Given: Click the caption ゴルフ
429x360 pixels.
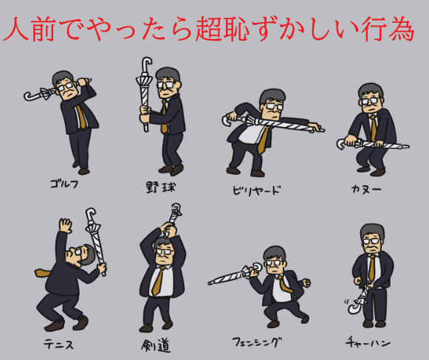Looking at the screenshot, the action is tap(64, 184).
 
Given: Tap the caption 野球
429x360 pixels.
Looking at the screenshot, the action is tap(160, 187).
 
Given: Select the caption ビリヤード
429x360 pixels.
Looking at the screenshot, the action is tap(256, 190).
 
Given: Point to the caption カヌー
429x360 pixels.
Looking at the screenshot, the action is tap(366, 189).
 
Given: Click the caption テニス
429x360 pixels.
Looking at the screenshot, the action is tap(59, 344).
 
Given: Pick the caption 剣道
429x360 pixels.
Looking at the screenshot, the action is tap(156, 345).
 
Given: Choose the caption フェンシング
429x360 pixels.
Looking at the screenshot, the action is tap(257, 342).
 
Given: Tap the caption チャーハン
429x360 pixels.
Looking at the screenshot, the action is tap(368, 342).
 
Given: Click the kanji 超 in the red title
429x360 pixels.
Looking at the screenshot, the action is tap(208, 29).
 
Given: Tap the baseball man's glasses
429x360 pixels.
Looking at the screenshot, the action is tap(165, 84).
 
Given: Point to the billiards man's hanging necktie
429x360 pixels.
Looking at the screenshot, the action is tap(263, 141).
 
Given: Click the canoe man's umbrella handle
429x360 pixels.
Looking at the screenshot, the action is tap(341, 144).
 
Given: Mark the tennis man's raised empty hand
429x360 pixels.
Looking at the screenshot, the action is tap(66, 225).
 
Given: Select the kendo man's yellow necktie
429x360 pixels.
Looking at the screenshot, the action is tap(159, 281).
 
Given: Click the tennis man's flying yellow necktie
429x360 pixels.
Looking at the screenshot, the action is tap(44, 272).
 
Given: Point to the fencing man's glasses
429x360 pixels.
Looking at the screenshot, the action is tap(272, 263).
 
